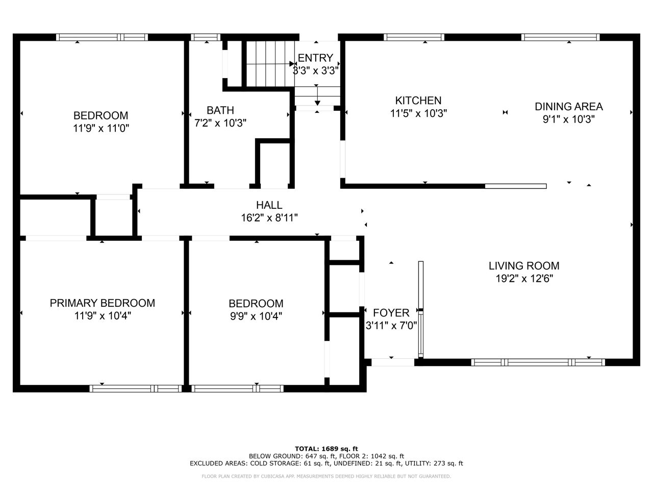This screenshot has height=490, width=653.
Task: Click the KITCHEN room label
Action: pos(418,101)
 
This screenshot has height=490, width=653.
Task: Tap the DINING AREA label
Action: pos(568,107)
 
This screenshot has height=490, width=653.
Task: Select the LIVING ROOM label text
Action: pos(524,266)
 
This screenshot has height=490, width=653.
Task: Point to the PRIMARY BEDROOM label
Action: pos(103,303)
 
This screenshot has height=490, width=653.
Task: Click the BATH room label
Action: pos(220,110)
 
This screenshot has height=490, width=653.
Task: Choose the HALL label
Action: pos(269,205)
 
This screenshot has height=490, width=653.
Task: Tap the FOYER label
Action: pos(391,313)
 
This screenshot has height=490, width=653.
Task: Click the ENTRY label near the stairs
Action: pos(315,58)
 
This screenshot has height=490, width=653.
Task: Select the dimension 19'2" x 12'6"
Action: pos(524,279)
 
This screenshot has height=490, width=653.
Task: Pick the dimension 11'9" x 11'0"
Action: pos(101,128)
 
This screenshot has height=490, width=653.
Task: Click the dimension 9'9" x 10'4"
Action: pos(256,316)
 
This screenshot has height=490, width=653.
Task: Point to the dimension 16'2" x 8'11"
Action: pos(269,218)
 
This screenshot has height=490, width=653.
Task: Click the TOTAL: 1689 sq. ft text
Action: pos(326,449)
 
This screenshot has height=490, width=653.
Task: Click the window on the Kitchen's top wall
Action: pos(414,37)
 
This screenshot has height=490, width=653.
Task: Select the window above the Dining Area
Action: pos(561,37)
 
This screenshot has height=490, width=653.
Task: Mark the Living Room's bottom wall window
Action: pos(538,362)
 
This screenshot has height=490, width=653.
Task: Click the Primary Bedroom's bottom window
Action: pos(136,388)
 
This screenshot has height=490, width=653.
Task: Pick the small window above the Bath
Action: pos(205,37)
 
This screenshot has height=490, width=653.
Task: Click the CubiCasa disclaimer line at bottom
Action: pos(326,476)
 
